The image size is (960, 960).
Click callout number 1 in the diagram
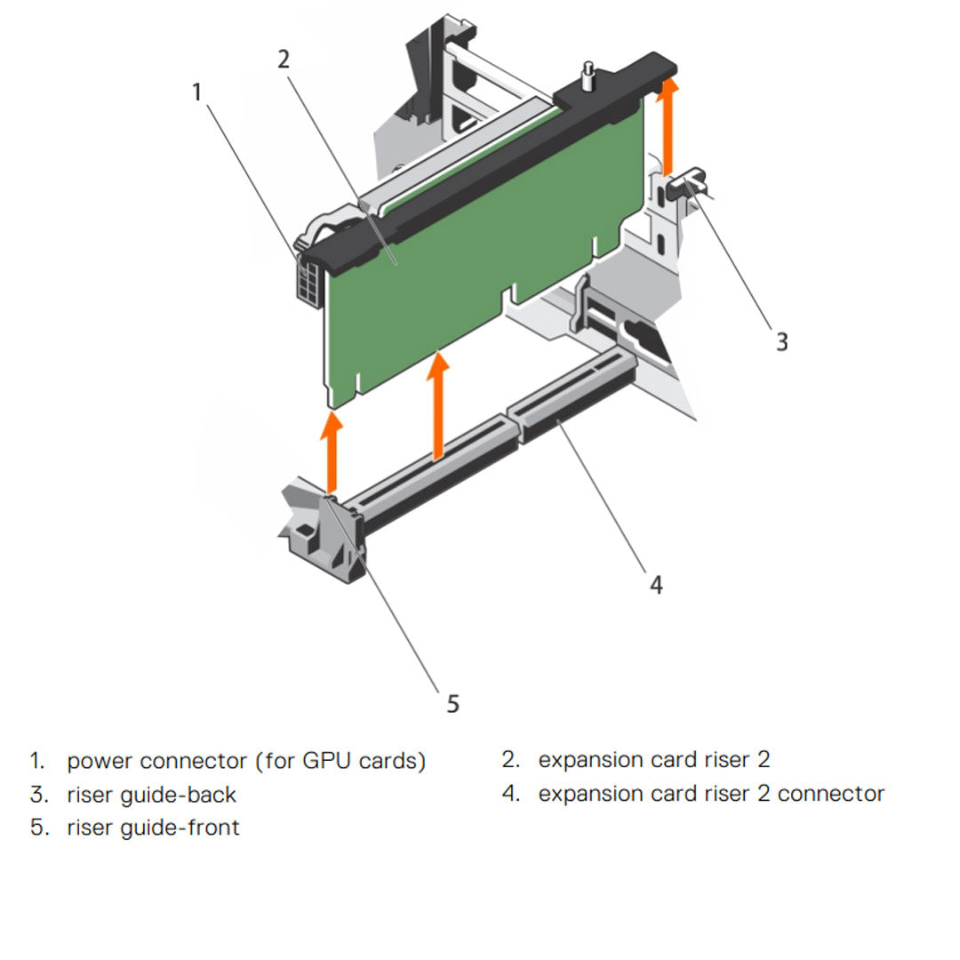pos(196,92)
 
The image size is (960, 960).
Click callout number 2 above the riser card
pos(283,60)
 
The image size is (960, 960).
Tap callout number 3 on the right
pos(780,341)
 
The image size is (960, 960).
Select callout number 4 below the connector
pos(656,584)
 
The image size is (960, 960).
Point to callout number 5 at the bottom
pos(452,703)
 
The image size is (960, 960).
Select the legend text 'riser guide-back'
pos(151,795)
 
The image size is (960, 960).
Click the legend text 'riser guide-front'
pos(153,828)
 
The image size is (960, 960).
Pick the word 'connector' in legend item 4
pos(830,794)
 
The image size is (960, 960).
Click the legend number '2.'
pos(510,761)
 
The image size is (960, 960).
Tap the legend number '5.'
pos(38,828)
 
